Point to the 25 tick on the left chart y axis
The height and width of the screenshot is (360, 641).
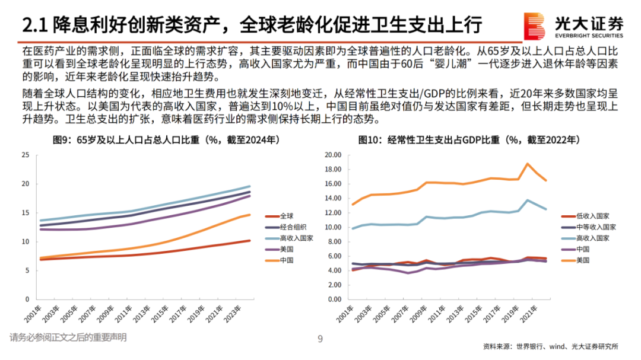click(x=25, y=155)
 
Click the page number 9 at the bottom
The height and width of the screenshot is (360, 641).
click(x=320, y=339)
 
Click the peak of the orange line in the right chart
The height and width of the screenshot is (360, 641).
click(x=527, y=164)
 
